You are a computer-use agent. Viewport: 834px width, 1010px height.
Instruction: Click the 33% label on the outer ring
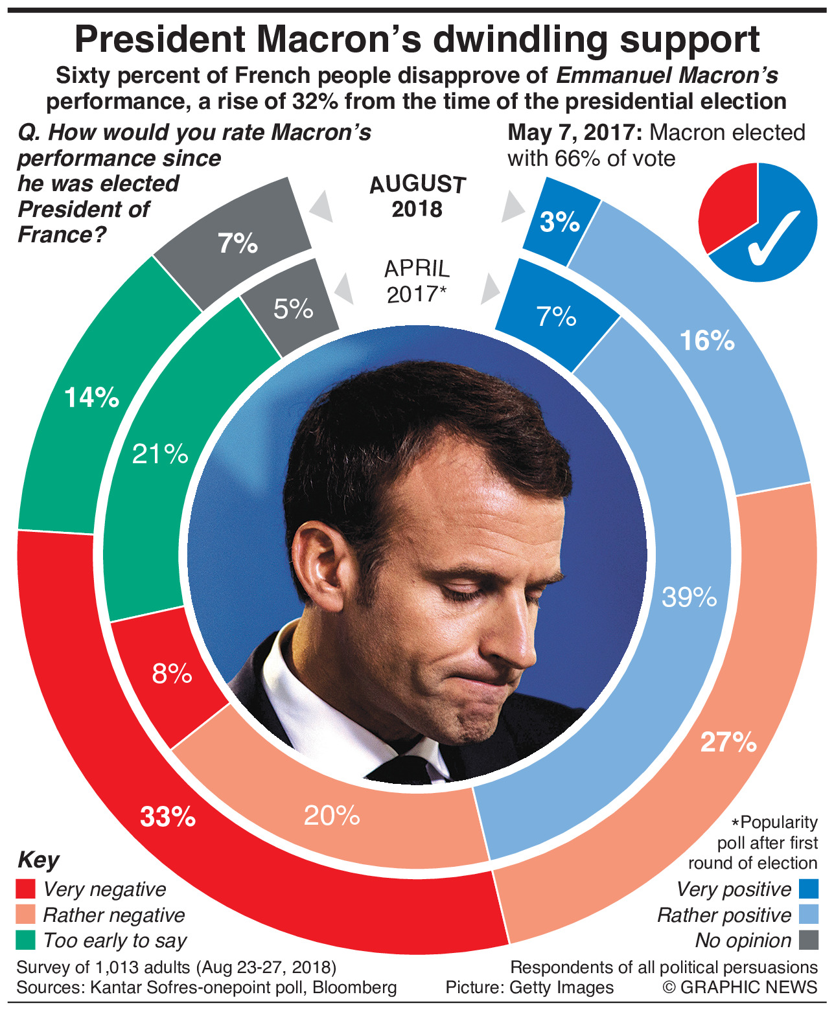point(168,817)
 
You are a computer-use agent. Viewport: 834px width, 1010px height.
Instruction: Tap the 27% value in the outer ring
point(728,742)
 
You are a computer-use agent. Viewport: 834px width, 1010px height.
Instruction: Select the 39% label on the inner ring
point(689,597)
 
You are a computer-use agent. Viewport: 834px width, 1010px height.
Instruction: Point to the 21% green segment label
point(160,454)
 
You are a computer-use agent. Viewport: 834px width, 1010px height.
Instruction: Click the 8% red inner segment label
point(172,674)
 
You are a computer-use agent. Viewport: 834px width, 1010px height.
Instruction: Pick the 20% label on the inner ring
point(332,816)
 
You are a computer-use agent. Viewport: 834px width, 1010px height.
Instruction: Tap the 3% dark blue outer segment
point(560,222)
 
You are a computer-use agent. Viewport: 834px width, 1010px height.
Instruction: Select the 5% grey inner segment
point(294,309)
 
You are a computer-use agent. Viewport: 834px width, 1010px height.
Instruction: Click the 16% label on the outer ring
point(707,340)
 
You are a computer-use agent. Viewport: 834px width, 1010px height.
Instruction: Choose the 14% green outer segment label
point(91,397)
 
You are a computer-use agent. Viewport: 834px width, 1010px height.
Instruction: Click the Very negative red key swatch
point(26,889)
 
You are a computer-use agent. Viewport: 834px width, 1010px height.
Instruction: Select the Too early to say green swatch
point(26,940)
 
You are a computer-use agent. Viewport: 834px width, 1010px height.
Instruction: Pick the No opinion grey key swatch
point(808,940)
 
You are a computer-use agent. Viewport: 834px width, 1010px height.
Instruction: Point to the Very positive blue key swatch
point(808,889)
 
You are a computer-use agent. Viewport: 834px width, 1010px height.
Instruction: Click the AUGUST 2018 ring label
point(417,196)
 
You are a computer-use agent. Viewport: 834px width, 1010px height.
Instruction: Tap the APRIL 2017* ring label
point(417,281)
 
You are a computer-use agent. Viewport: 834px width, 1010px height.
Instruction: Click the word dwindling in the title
point(521,40)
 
